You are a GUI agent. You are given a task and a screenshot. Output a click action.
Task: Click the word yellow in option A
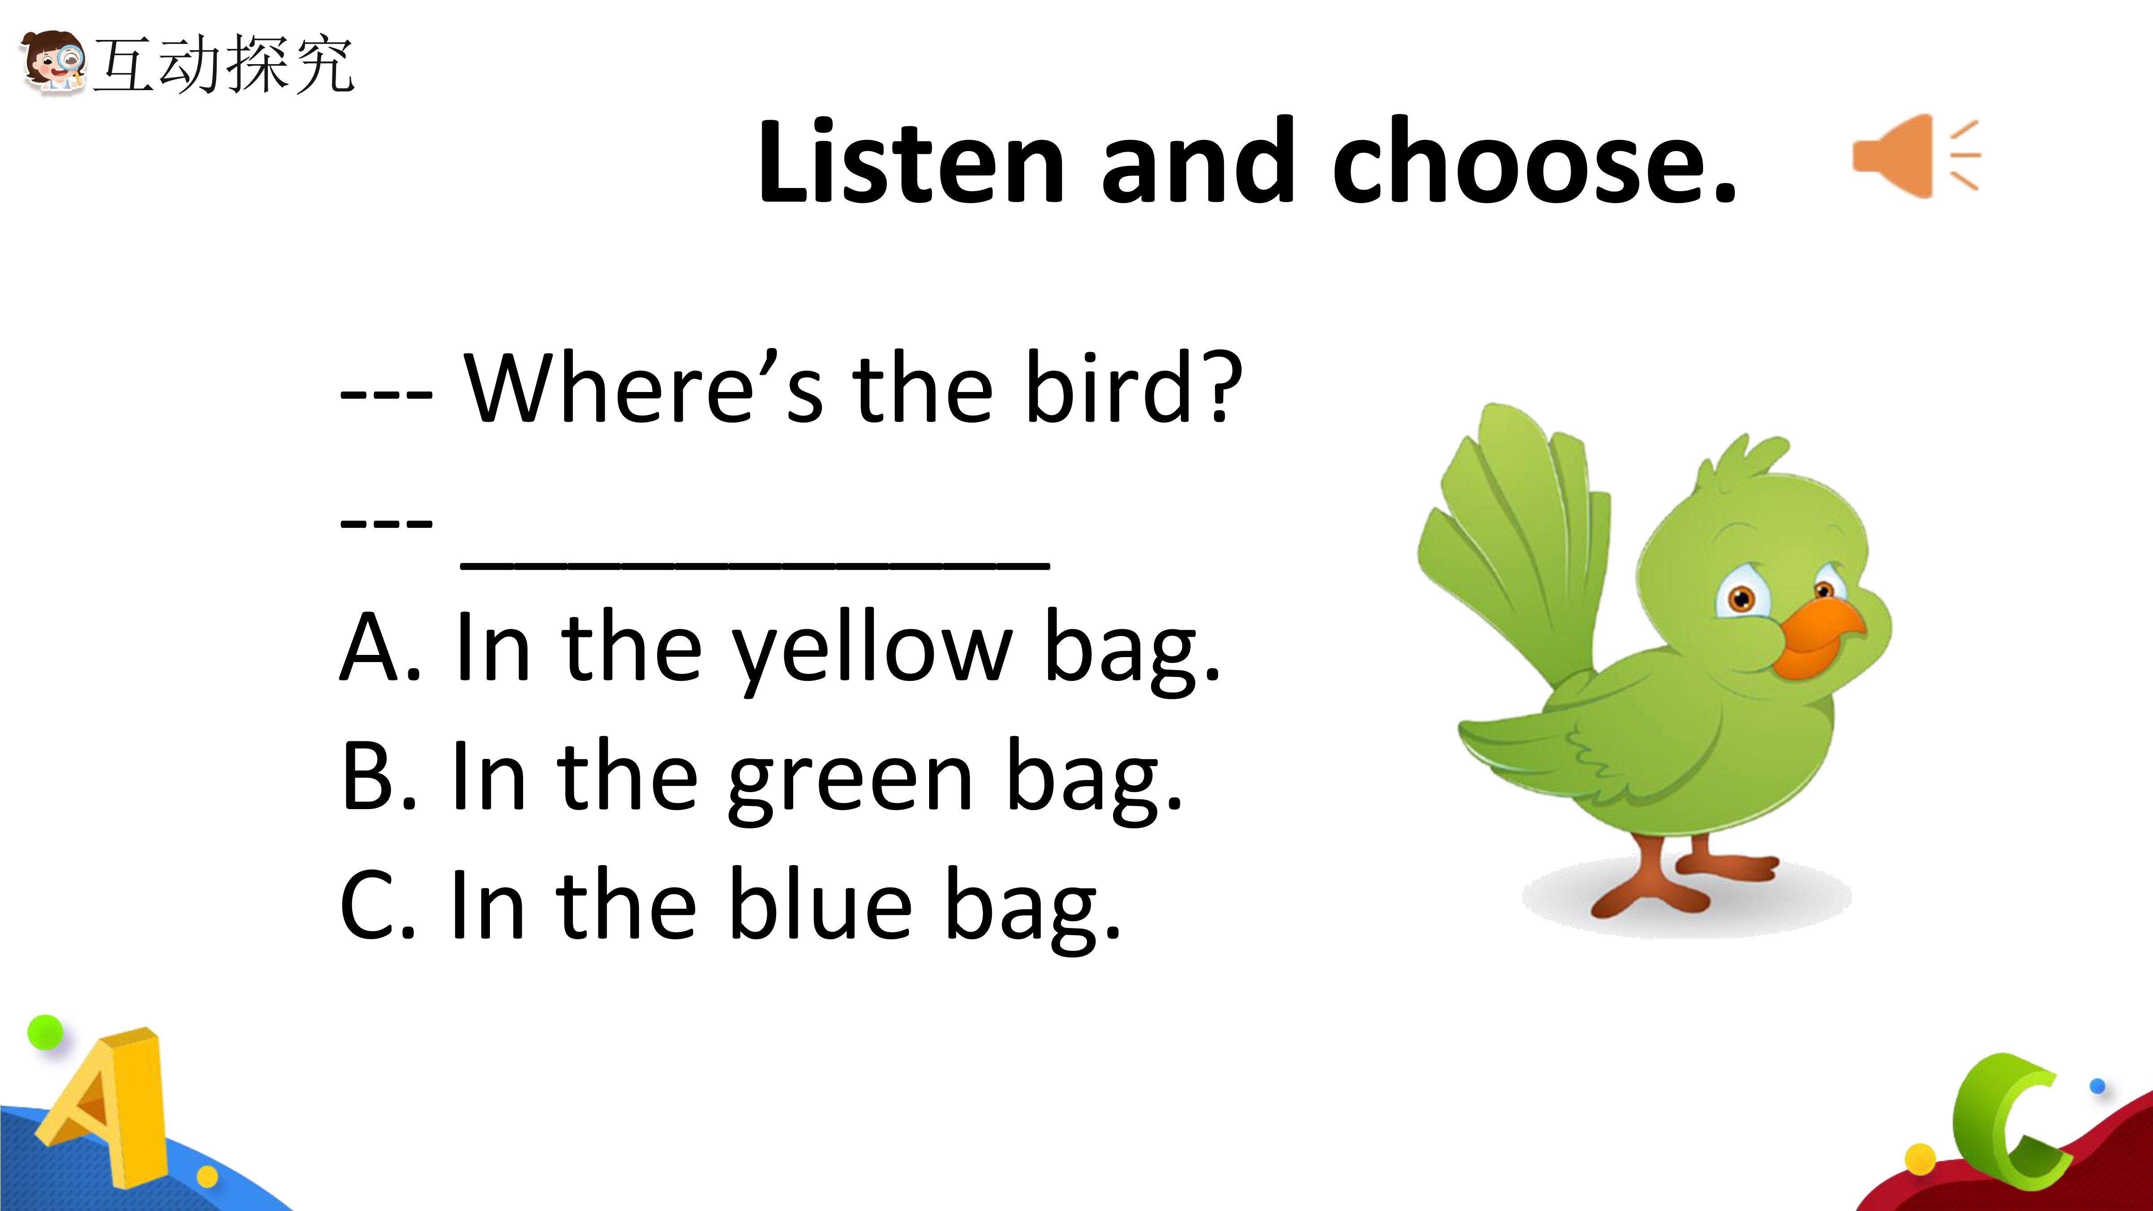[873, 652]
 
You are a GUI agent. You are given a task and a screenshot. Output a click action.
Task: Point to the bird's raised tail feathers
[1513, 543]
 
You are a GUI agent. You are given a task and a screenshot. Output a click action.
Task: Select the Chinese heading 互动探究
[224, 64]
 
